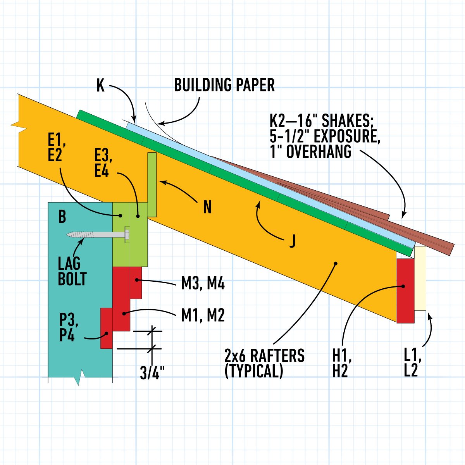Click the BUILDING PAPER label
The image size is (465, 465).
[x=224, y=85]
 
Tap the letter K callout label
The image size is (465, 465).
[x=100, y=86]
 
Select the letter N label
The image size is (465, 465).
[x=208, y=208]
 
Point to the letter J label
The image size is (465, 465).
[x=292, y=241]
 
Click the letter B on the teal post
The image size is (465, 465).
[x=62, y=217]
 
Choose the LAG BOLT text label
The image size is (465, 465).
[x=72, y=271]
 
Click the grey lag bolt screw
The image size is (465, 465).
[x=97, y=234]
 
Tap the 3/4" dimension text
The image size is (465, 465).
[x=152, y=373]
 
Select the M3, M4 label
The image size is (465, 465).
[x=203, y=284]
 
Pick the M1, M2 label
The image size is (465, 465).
[x=203, y=315]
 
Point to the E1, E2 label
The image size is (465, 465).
[x=56, y=148]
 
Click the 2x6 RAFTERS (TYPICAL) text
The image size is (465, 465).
[x=264, y=363]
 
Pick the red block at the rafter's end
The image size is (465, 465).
[x=405, y=291]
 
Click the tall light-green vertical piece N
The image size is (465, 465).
[x=152, y=184]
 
